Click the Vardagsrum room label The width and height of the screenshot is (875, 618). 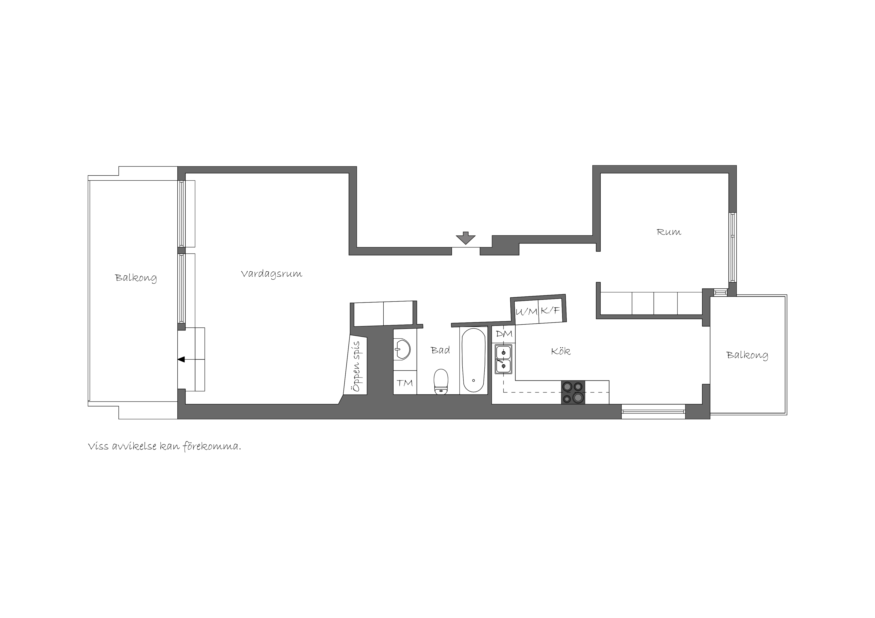click(x=271, y=274)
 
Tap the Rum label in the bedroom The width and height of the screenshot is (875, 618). click(x=669, y=232)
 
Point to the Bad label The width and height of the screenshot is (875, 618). click(x=440, y=350)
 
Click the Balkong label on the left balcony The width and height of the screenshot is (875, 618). click(x=136, y=278)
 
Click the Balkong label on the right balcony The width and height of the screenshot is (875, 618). click(x=747, y=355)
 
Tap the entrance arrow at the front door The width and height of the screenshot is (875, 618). click(x=465, y=237)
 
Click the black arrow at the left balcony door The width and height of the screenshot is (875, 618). click(x=181, y=359)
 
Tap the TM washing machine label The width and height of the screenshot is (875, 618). click(x=405, y=383)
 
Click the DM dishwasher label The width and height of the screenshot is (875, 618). click(x=504, y=334)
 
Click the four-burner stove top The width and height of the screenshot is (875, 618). click(x=573, y=392)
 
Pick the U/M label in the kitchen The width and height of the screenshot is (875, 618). click(x=526, y=312)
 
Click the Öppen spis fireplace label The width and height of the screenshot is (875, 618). click(x=357, y=366)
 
